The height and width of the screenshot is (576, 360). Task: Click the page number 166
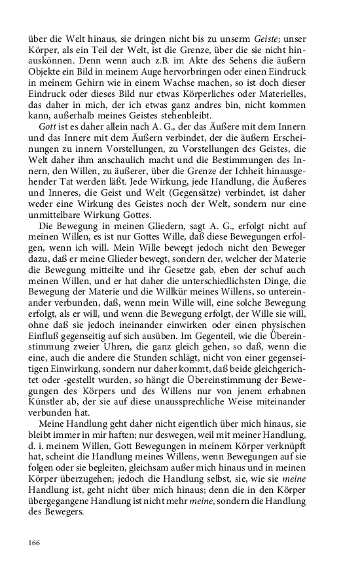(x=35, y=543)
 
